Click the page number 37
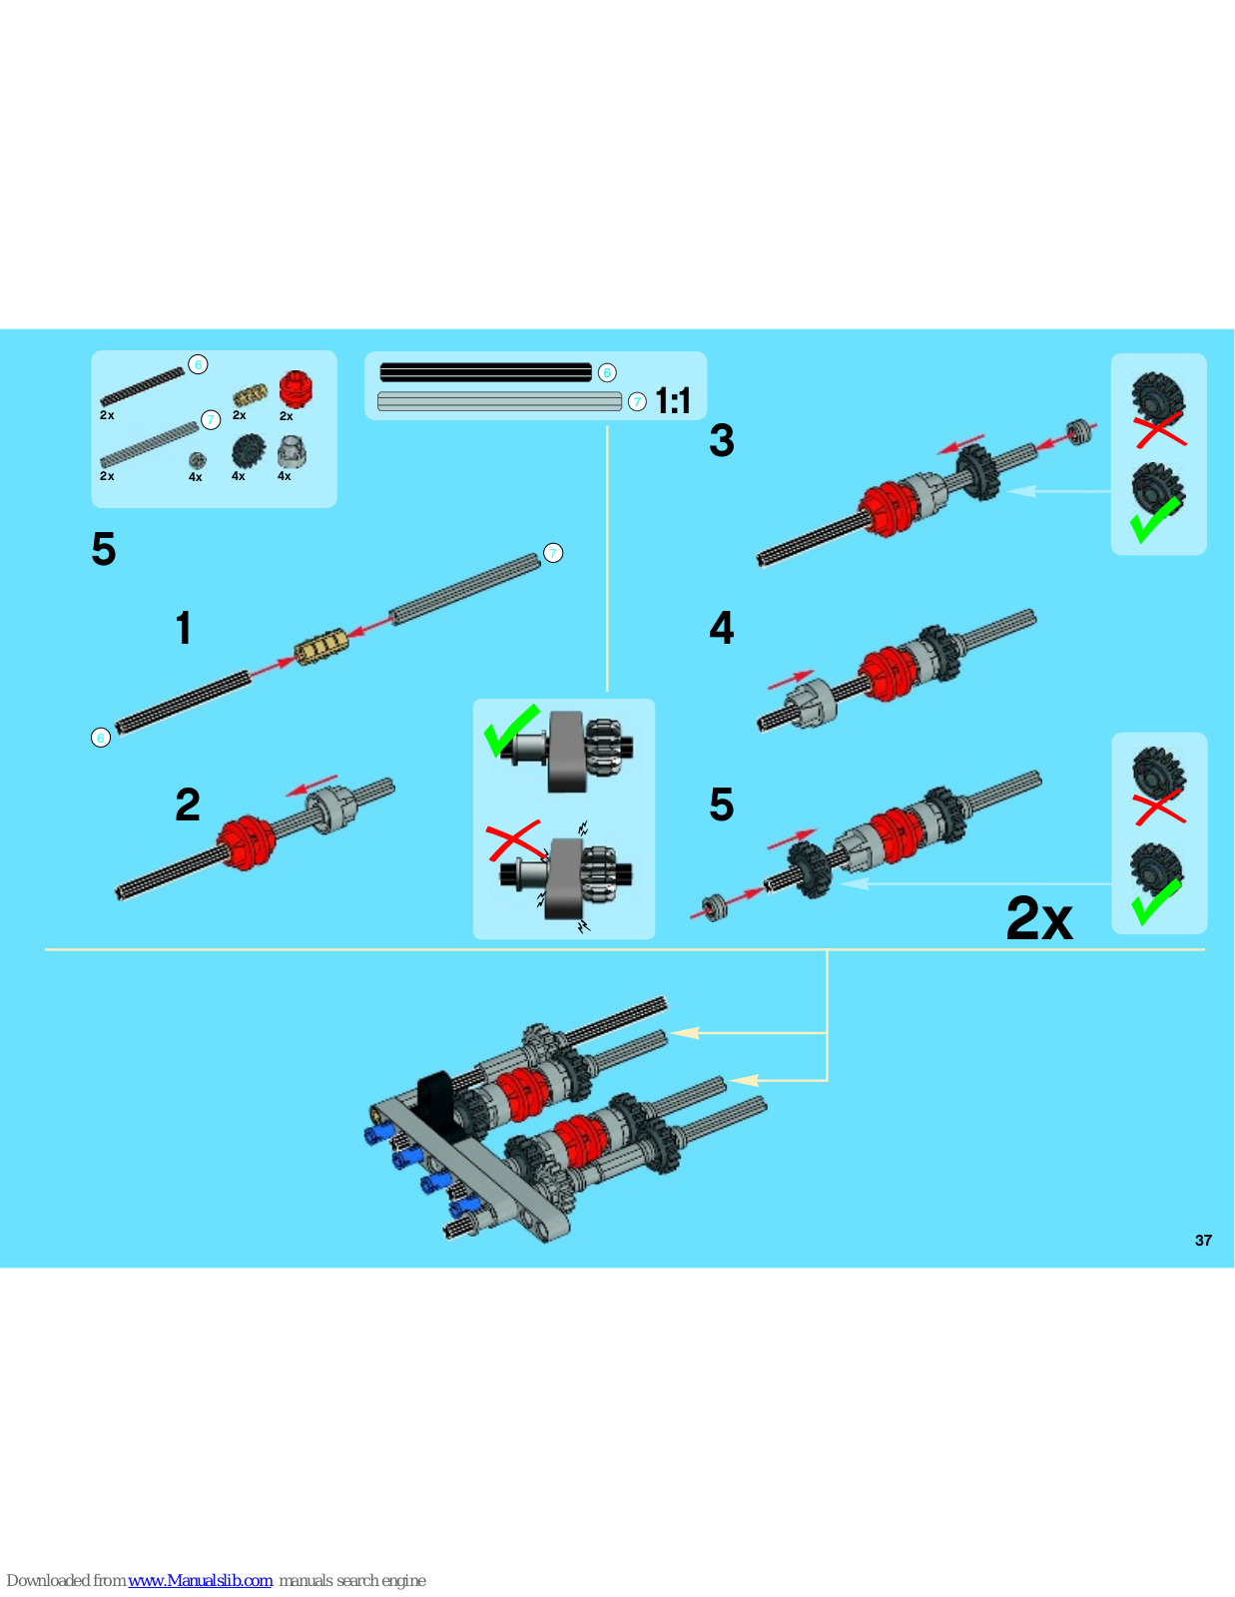tap(1203, 1241)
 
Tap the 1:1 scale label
tap(673, 401)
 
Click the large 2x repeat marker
tap(1038, 918)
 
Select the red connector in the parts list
tap(296, 389)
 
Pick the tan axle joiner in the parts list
tap(250, 394)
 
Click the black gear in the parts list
tap(248, 450)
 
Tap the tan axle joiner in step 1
tap(321, 646)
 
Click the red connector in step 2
tap(247, 841)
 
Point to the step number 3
tap(721, 441)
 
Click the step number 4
tap(721, 628)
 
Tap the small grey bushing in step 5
tap(715, 907)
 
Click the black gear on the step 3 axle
tap(978, 472)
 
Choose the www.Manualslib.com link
tap(200, 1580)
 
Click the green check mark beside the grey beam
tap(511, 730)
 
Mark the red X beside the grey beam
tap(514, 840)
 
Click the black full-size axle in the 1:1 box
tap(486, 372)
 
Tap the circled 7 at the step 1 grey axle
tap(553, 553)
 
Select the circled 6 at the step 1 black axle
tap(101, 738)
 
